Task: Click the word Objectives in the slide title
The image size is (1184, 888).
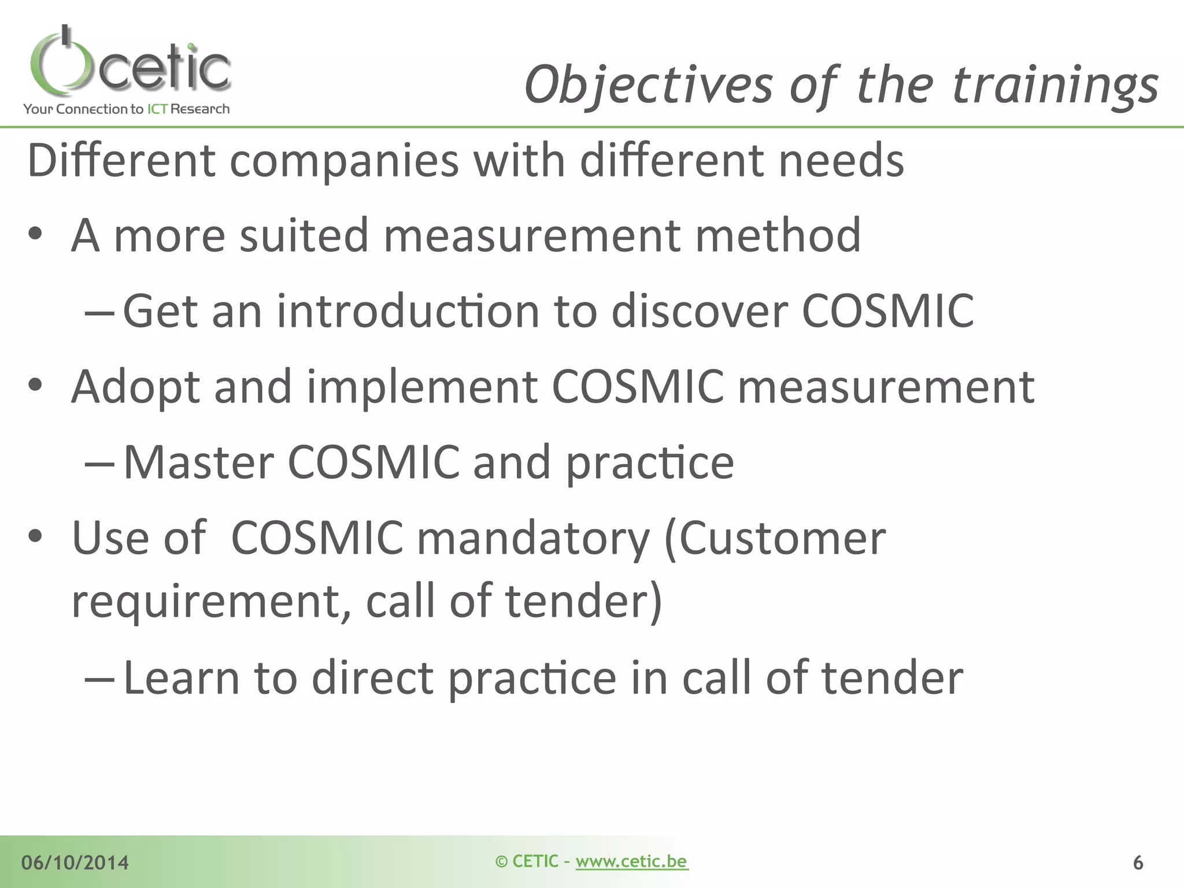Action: [x=647, y=86]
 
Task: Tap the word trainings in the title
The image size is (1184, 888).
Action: [x=1054, y=86]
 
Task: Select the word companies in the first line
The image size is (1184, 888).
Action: [x=344, y=161]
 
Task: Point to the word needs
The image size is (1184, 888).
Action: [x=841, y=161]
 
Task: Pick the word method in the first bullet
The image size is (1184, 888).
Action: [x=778, y=236]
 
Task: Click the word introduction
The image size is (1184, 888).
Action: [x=408, y=312]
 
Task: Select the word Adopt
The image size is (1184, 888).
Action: [x=135, y=387]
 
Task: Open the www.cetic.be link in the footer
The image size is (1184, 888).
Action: [x=631, y=861]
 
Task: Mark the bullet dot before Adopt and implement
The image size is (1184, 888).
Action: [x=36, y=385]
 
